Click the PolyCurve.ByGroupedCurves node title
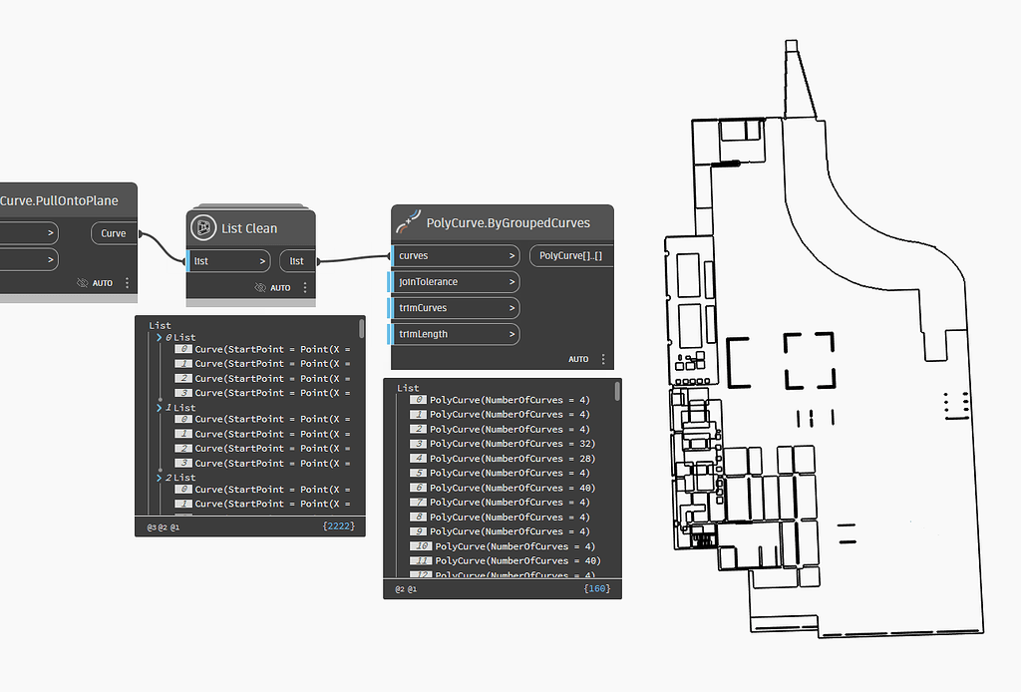[x=508, y=222]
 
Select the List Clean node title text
[x=249, y=228]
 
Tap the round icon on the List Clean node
[x=203, y=227]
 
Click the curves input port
[x=454, y=256]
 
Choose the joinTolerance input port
[x=454, y=282]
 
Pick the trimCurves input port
[x=454, y=308]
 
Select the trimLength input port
[x=454, y=334]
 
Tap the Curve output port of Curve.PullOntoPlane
[x=114, y=233]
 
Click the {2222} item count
[x=339, y=525]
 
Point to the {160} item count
[x=597, y=589]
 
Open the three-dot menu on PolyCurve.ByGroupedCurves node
[x=603, y=359]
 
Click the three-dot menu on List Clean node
[x=305, y=287]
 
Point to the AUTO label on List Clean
[x=280, y=288]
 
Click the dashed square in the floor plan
[x=809, y=361]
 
